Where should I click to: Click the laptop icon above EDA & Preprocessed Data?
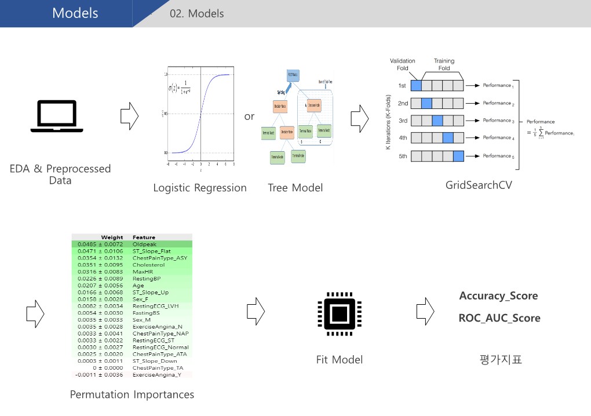coord(57,116)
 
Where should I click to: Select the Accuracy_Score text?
coord(498,296)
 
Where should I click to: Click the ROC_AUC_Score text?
coord(499,318)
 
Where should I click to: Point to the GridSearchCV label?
coord(479,186)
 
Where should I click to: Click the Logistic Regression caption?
coord(200,188)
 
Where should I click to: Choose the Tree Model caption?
coord(295,188)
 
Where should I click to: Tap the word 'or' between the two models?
coord(249,116)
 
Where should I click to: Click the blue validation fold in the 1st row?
coord(416,86)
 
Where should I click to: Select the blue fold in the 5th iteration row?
coord(458,156)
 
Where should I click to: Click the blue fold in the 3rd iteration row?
coord(437,121)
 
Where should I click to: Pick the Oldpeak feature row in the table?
coord(144,245)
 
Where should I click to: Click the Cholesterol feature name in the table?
coord(149,265)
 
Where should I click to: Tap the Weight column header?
coord(112,237)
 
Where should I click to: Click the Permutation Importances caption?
coord(132,395)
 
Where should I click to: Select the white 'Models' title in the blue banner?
coord(75,13)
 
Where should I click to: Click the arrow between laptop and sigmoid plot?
coord(129,116)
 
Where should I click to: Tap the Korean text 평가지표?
coord(498,360)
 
